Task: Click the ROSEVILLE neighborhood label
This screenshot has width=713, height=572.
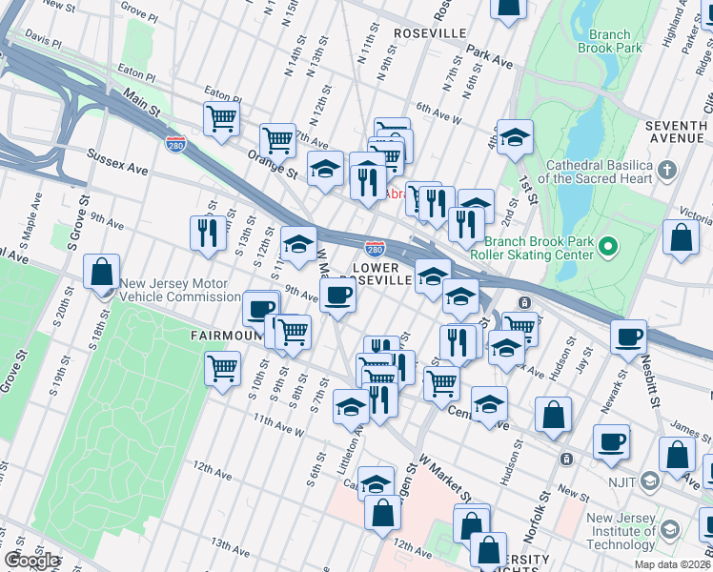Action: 430,33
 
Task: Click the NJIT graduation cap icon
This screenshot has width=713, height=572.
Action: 649,480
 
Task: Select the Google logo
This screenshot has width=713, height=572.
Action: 31,561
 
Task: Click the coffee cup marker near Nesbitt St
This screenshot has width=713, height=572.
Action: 629,337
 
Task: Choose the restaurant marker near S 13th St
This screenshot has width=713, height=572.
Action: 207,234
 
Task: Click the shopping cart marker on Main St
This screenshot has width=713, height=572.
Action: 220,120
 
